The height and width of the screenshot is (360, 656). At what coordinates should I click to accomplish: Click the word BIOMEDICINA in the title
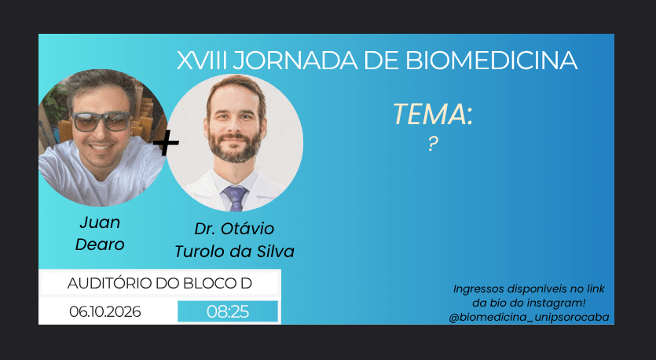click(492, 61)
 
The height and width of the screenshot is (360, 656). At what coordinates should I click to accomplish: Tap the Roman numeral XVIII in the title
click(202, 61)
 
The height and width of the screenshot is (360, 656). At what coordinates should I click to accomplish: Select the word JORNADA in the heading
click(295, 61)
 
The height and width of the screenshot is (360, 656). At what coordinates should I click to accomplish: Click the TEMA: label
click(433, 114)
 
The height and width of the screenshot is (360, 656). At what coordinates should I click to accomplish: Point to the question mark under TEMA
click(433, 144)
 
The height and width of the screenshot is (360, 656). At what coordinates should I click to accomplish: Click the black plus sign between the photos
click(166, 142)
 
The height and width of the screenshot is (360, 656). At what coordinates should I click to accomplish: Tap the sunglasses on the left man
click(101, 121)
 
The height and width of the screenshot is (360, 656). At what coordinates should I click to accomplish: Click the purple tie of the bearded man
click(235, 197)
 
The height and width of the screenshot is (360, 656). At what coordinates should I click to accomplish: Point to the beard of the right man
click(235, 147)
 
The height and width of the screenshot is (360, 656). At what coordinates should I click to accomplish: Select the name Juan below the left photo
click(100, 222)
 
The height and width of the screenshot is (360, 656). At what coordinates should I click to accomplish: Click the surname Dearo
click(100, 244)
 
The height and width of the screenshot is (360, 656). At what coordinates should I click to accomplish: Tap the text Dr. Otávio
click(234, 229)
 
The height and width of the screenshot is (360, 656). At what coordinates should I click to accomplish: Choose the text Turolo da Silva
click(234, 252)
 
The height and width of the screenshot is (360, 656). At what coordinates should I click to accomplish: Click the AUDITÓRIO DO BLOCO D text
click(159, 284)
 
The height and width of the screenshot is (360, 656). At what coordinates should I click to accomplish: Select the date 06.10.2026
click(105, 312)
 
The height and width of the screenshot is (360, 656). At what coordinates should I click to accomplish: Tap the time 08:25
click(228, 312)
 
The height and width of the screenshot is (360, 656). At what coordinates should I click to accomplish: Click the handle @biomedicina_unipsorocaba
click(529, 318)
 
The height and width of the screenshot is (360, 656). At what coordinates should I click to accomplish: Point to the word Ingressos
click(478, 289)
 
